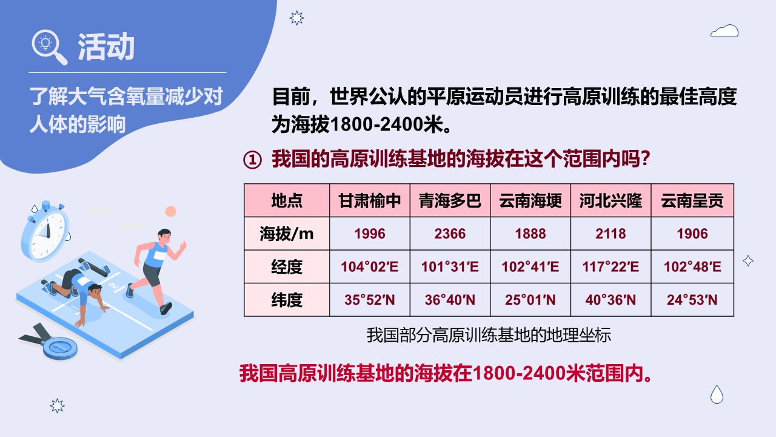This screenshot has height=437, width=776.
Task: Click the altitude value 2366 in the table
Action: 450,234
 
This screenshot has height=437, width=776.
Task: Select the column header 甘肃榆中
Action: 369,200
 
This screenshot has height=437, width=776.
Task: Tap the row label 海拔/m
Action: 287,234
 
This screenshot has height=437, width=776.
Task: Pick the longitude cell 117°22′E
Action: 610,266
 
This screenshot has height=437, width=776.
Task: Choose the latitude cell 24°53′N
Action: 692,300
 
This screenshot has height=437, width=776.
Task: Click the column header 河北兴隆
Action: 610,200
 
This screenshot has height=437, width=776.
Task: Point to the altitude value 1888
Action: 530,234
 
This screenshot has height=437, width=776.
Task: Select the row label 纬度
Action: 287,300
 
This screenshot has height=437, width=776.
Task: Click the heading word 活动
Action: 105,47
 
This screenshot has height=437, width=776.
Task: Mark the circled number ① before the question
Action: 252,160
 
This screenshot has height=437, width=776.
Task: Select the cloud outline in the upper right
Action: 724,30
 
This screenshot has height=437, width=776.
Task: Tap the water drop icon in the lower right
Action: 717,395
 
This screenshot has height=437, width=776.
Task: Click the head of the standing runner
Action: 164,236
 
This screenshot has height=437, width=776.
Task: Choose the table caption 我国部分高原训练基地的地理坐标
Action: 489,335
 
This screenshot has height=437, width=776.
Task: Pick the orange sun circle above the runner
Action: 170,211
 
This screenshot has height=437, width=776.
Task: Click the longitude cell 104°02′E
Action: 369,266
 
